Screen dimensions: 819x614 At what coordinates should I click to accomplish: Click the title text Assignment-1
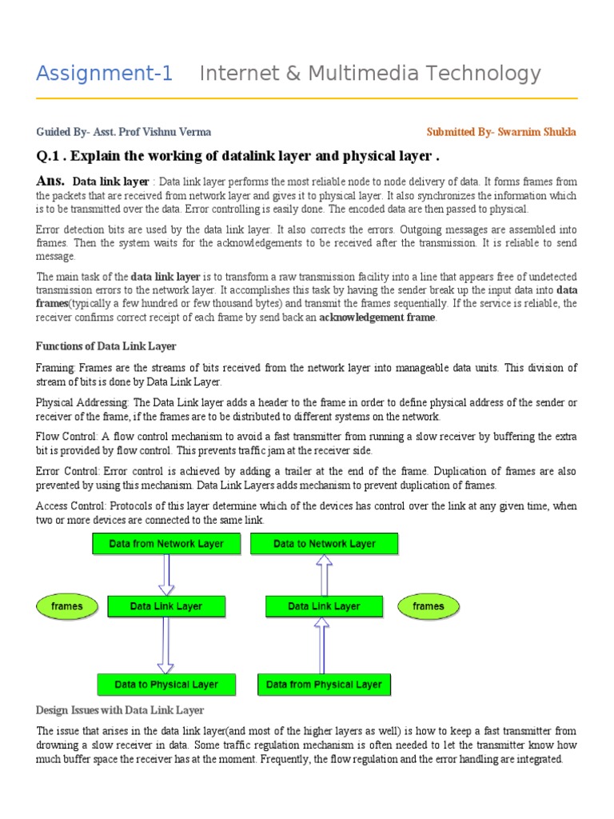coord(105,74)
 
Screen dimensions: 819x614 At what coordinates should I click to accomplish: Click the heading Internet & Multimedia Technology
coord(369,74)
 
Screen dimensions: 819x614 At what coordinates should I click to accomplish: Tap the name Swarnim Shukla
coord(536,132)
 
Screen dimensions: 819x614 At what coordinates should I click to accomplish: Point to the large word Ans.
coord(51,181)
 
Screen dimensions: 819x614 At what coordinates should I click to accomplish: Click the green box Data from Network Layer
coord(165,544)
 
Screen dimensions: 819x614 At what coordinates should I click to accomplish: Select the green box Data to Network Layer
coord(324,544)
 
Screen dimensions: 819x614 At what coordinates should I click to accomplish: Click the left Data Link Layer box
coord(165,606)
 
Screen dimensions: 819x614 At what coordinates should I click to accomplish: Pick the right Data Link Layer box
coord(324,606)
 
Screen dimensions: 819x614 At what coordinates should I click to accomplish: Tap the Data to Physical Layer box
coord(165,685)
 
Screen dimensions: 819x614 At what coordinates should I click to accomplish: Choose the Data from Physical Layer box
coord(324,685)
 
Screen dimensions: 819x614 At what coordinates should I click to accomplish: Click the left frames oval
coord(66,606)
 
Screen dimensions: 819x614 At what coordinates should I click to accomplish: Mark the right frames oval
coord(428,606)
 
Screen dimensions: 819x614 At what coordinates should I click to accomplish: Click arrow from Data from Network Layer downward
coord(165,574)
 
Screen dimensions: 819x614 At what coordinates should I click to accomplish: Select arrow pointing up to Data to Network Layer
coord(324,574)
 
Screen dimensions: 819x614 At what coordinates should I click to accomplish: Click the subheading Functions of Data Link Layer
coord(106,346)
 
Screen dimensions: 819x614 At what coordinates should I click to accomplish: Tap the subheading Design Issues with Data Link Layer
coord(120,710)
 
